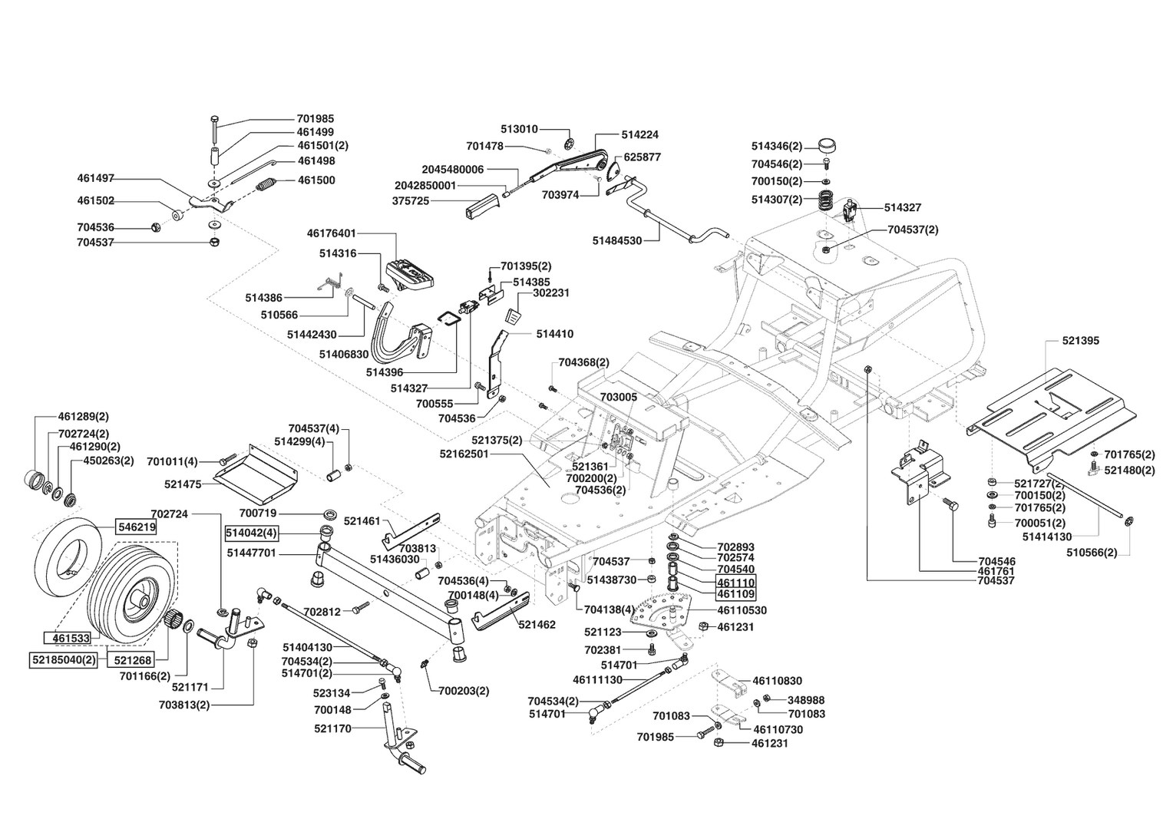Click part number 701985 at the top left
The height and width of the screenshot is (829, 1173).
click(x=315, y=119)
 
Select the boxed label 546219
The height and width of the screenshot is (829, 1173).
click(x=136, y=527)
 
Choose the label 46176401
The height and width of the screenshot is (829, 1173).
click(x=331, y=233)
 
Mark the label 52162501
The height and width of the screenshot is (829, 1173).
click(x=464, y=454)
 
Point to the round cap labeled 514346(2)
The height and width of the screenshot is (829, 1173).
click(x=826, y=144)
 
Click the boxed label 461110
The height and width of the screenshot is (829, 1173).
click(x=735, y=582)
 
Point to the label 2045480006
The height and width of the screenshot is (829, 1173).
click(x=453, y=169)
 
